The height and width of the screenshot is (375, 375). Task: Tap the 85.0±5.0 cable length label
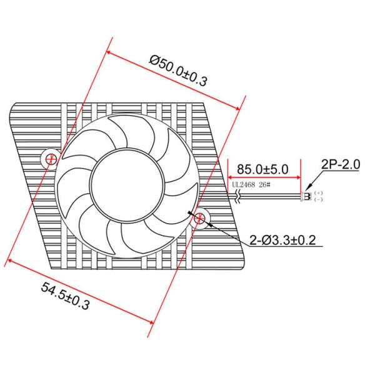[262, 169]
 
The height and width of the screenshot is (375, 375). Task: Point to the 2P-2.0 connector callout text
[341, 165]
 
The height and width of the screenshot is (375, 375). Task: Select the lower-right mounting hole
[199, 217]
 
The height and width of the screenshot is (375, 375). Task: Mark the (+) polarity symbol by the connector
[318, 193]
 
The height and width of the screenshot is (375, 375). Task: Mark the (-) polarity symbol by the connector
[318, 200]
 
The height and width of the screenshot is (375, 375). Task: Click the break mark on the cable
[238, 196]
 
